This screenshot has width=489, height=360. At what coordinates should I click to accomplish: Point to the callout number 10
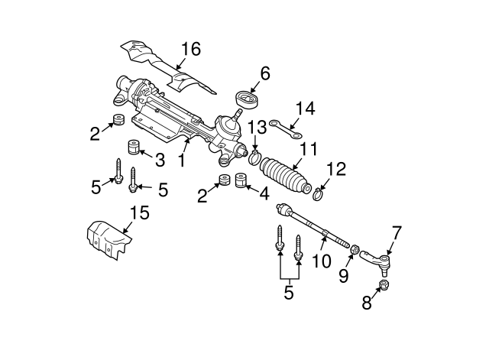click(322, 261)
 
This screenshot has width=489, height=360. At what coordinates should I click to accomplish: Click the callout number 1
click(182, 161)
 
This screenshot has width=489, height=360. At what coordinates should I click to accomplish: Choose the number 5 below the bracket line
click(288, 291)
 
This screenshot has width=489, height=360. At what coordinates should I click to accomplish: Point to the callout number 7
click(396, 229)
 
